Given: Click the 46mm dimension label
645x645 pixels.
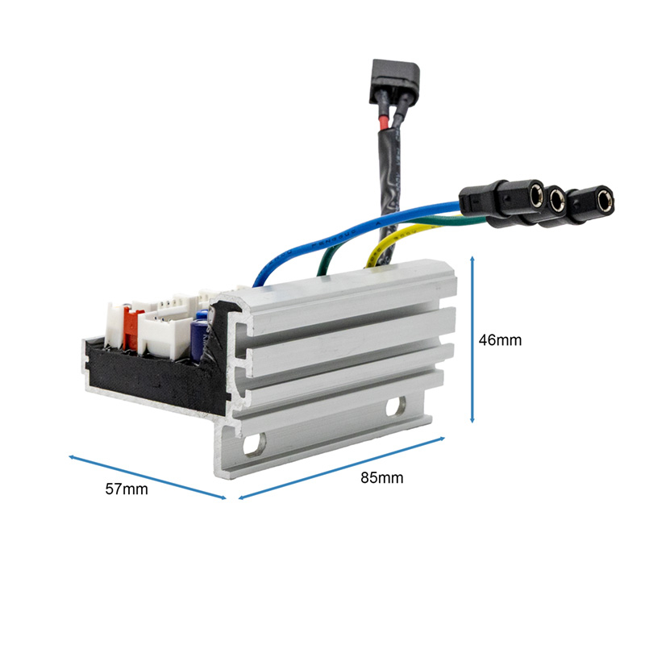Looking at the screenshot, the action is coord(500,340).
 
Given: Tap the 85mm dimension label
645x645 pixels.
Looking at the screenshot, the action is coord(381,477).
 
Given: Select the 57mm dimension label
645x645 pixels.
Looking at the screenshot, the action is coord(127,489).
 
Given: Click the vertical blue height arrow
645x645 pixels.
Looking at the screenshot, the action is coord(472,339).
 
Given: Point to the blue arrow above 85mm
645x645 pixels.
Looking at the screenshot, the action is coord(342,468).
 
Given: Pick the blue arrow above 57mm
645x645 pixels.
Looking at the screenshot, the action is coord(148,477).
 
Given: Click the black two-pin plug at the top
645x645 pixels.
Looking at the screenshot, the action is coord(394,81).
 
